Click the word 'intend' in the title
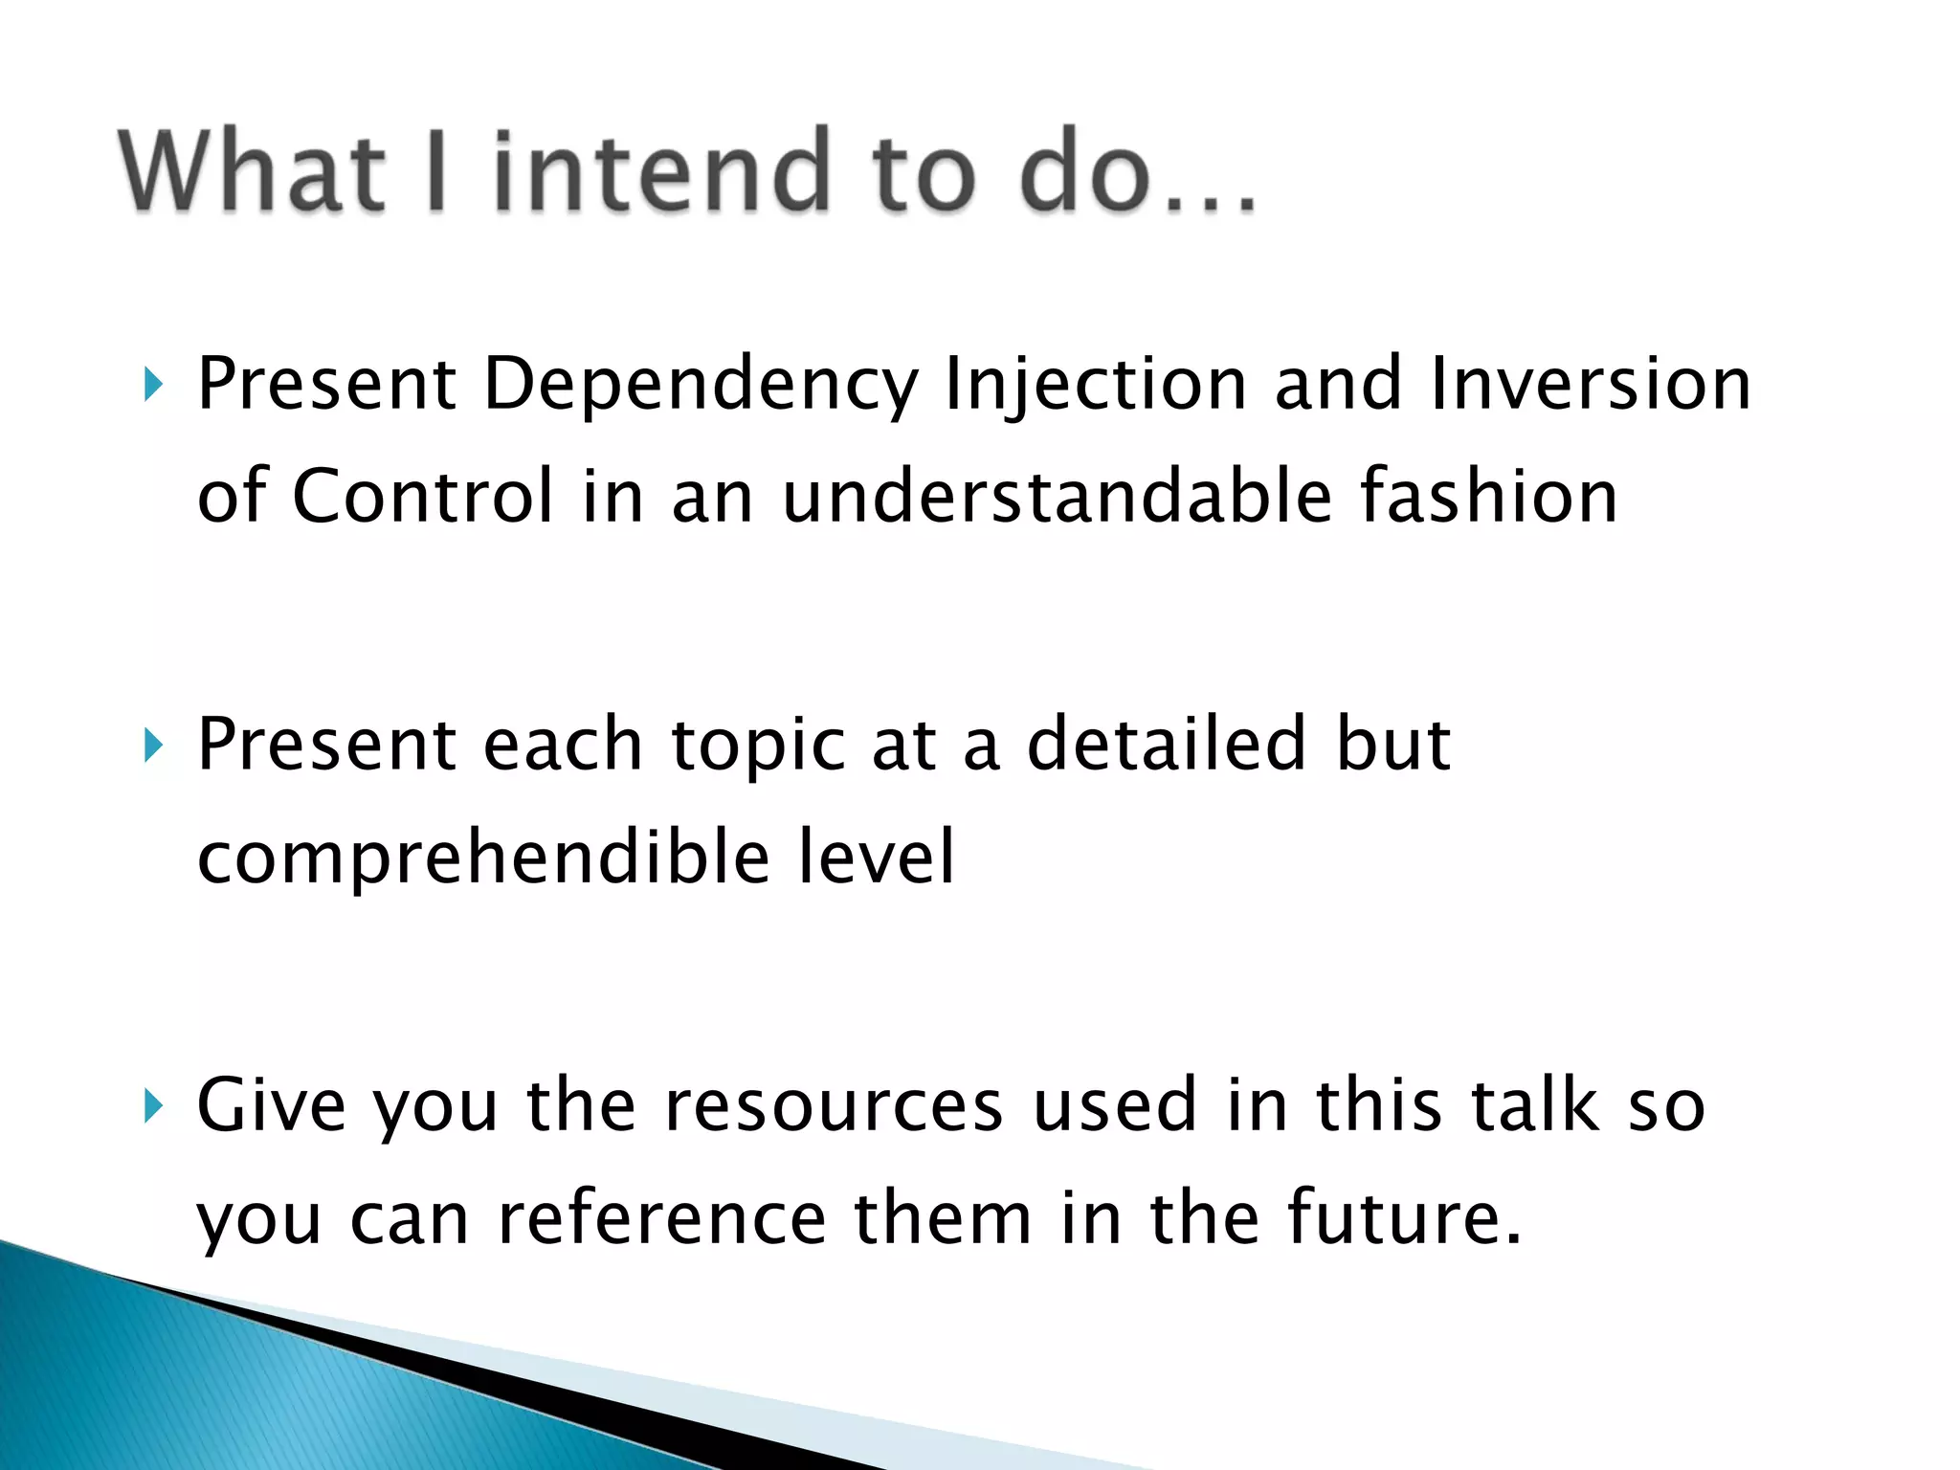click(660, 172)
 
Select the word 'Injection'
click(1096, 386)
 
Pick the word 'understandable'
click(1057, 497)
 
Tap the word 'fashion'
click(1489, 497)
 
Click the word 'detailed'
click(1166, 744)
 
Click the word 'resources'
click(834, 1106)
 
